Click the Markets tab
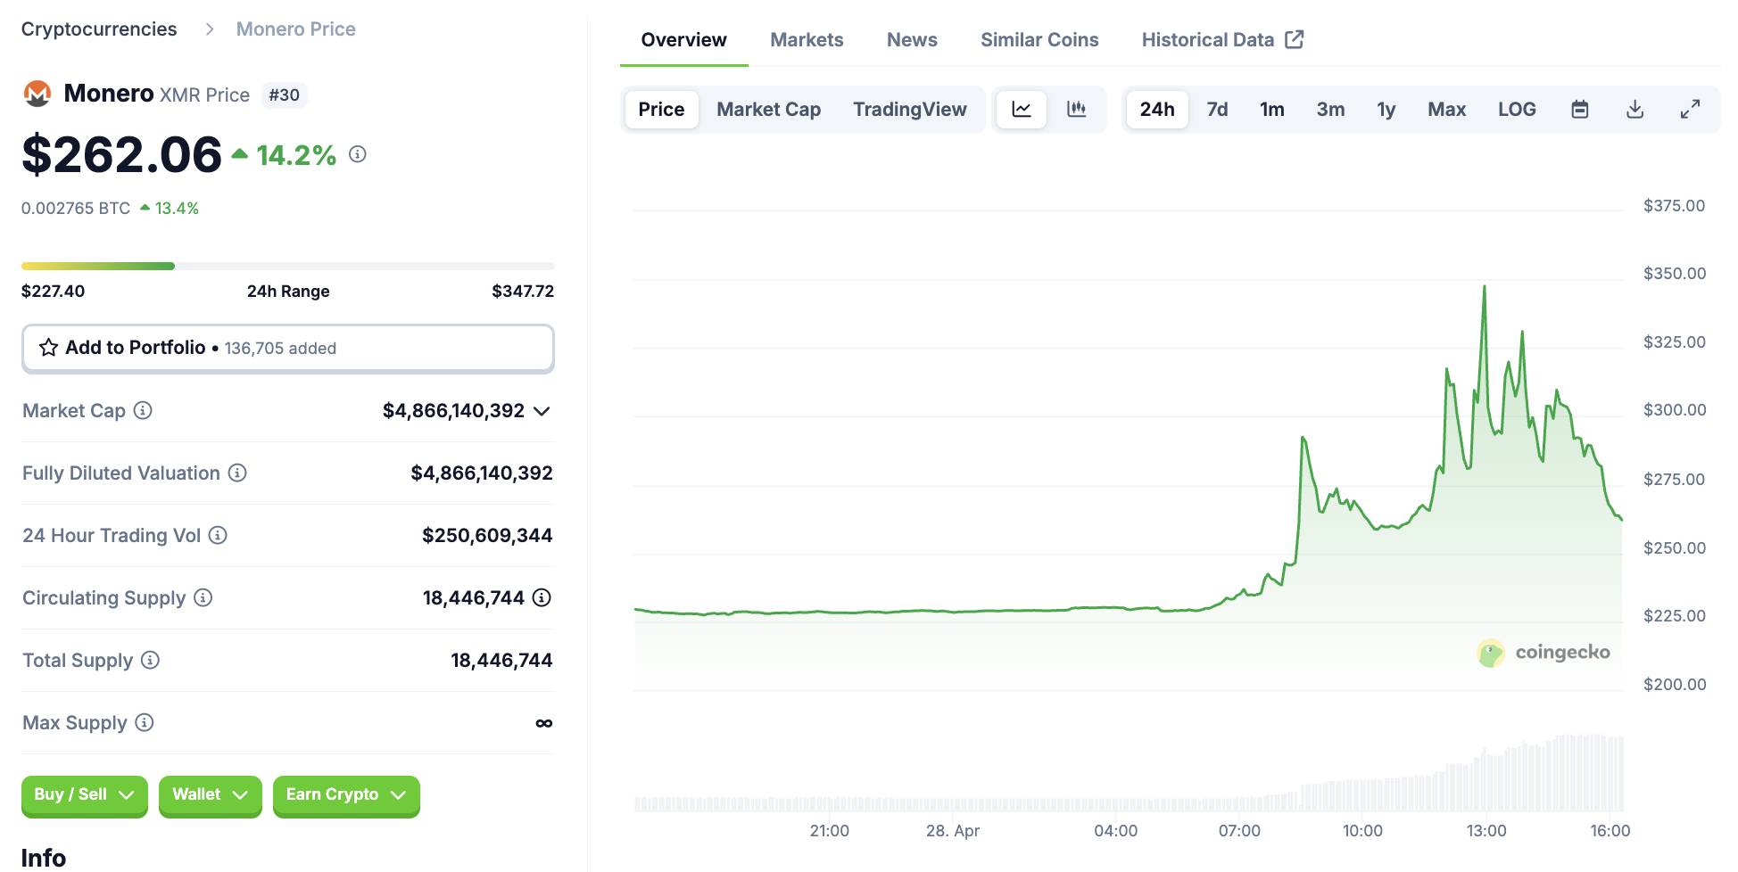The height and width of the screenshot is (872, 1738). coord(807,39)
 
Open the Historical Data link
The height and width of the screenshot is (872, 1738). coord(1222,39)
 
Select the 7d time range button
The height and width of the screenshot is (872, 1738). coord(1217,109)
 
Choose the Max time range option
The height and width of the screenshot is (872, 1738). coord(1446,109)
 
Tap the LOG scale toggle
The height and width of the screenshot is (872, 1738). coord(1517,109)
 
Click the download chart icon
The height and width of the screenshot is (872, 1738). coord(1635,109)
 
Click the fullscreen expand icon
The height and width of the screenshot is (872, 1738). coord(1690,109)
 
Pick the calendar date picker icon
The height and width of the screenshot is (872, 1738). coord(1579,109)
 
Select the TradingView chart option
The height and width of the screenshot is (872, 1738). coord(909,109)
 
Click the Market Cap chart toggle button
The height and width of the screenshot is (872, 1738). coord(768,109)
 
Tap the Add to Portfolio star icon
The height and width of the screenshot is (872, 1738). coord(48,348)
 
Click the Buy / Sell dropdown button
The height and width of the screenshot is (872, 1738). coord(85,794)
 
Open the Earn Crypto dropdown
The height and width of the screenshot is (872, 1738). coord(346,794)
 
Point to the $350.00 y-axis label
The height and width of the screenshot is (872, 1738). coord(1674,274)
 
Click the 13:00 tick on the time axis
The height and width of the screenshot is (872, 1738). coord(1486,830)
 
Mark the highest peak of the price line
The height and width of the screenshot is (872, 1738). coord(1485,286)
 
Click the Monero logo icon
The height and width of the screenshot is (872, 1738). coord(37,94)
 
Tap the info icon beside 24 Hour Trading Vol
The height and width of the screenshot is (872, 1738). coord(218,535)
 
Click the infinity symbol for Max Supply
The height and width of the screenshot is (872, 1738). coord(543,723)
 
